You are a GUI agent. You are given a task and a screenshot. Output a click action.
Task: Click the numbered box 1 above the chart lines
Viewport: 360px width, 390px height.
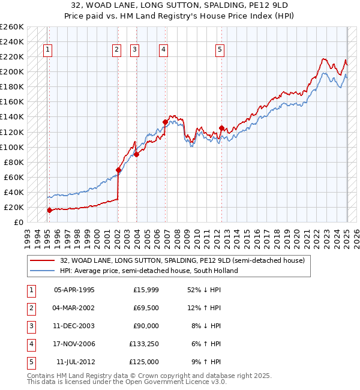pos(47,50)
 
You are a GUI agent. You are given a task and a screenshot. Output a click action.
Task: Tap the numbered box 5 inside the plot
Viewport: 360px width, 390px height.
pos(220,50)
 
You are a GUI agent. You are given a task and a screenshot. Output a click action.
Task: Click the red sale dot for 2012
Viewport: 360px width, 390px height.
pos(222,128)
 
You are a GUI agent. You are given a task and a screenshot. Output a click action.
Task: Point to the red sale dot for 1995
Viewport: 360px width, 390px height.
pos(50,210)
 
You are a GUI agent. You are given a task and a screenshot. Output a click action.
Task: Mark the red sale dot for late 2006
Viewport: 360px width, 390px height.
pos(165,122)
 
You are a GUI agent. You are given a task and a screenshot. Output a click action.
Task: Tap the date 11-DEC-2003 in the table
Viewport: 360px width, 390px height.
pos(74,326)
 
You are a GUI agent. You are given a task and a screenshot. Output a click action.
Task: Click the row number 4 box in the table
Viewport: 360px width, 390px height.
pos(30,344)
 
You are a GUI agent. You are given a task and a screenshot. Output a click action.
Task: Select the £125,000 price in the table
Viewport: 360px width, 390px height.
pos(144,362)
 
